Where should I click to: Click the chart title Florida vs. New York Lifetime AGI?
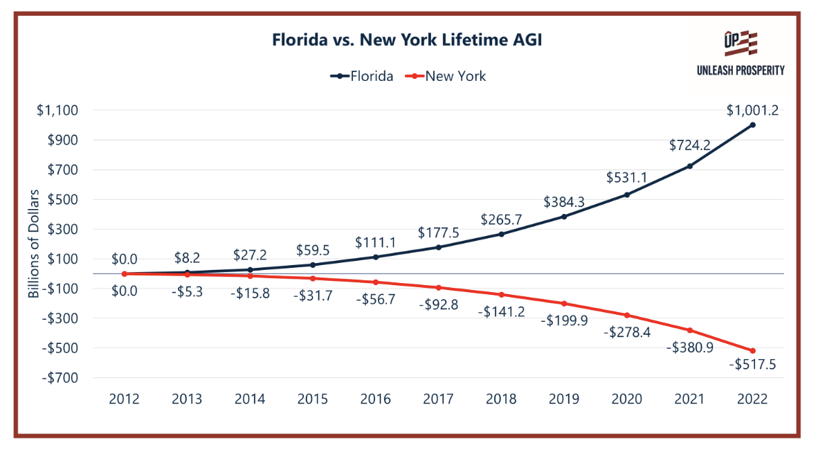[x=407, y=41]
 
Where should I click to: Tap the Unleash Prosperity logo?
[x=740, y=53]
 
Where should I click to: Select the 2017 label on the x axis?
[x=437, y=399]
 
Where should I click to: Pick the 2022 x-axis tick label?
[x=752, y=399]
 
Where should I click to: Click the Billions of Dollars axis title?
[x=34, y=244]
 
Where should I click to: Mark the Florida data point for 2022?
[x=752, y=125]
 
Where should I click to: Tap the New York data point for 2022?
[x=752, y=351]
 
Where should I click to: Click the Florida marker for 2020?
[x=627, y=194]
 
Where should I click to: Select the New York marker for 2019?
[x=564, y=303]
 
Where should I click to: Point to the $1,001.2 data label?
[x=752, y=109]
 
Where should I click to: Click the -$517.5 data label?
[x=752, y=365]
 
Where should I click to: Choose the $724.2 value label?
[x=689, y=145]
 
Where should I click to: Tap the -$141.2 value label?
[x=501, y=311]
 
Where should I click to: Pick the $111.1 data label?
[x=374, y=242]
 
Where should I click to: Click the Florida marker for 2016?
[x=375, y=257]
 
